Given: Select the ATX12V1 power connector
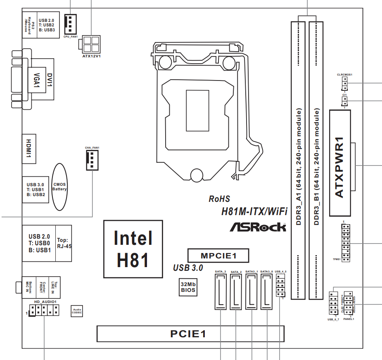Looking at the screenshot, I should tap(91, 43).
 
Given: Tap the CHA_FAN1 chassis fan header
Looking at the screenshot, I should tap(92, 160).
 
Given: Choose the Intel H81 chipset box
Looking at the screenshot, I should tap(133, 249).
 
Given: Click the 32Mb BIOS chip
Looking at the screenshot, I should tap(188, 287).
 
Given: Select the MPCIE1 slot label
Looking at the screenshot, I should tap(218, 255).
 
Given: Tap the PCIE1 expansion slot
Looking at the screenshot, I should tap(190, 334).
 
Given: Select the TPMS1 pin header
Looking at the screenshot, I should tap(346, 243).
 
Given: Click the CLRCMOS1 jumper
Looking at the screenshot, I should tap(344, 85).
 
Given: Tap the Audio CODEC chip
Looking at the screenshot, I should tap(77, 311).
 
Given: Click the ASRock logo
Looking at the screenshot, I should tap(258, 227).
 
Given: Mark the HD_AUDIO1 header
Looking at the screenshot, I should tap(44, 310).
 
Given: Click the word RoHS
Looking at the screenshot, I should tap(219, 199).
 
